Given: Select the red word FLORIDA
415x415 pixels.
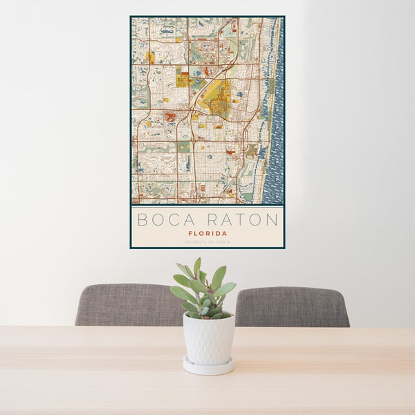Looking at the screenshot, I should (x=207, y=233).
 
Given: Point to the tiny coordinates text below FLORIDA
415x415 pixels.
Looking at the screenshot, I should (x=207, y=241).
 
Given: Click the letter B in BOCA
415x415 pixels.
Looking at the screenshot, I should (x=142, y=220).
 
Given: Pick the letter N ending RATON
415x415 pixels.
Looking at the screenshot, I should (x=273, y=220).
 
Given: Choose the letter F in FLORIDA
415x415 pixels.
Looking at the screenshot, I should (x=190, y=233).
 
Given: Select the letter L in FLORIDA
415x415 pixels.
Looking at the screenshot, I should (x=195, y=233).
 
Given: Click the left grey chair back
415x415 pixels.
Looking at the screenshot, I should (x=128, y=305).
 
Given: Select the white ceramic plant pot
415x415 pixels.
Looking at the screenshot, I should (x=208, y=340).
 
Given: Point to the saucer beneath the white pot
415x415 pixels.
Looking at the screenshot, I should (x=208, y=366).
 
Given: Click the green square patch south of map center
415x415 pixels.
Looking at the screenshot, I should (x=183, y=147).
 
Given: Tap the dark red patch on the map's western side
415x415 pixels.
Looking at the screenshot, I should (x=169, y=117).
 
